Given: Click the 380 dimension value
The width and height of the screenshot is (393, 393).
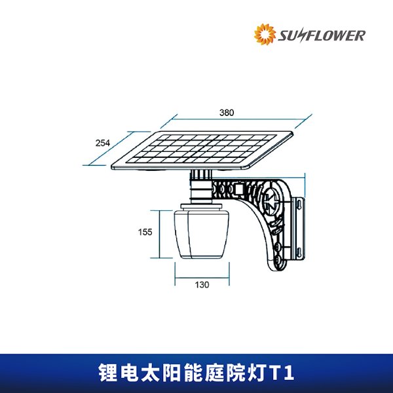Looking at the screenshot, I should [226, 113].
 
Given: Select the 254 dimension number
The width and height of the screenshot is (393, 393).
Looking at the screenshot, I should [102, 143].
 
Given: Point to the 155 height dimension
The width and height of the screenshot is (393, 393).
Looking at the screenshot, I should [145, 232].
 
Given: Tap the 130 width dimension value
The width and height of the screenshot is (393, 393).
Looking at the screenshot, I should [202, 285].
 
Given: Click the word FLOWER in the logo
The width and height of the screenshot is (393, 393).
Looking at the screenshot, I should [337, 35].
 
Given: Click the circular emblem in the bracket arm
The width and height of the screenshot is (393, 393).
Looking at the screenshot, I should [274, 197].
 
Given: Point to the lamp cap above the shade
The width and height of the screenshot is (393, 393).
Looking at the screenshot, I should [202, 212].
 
